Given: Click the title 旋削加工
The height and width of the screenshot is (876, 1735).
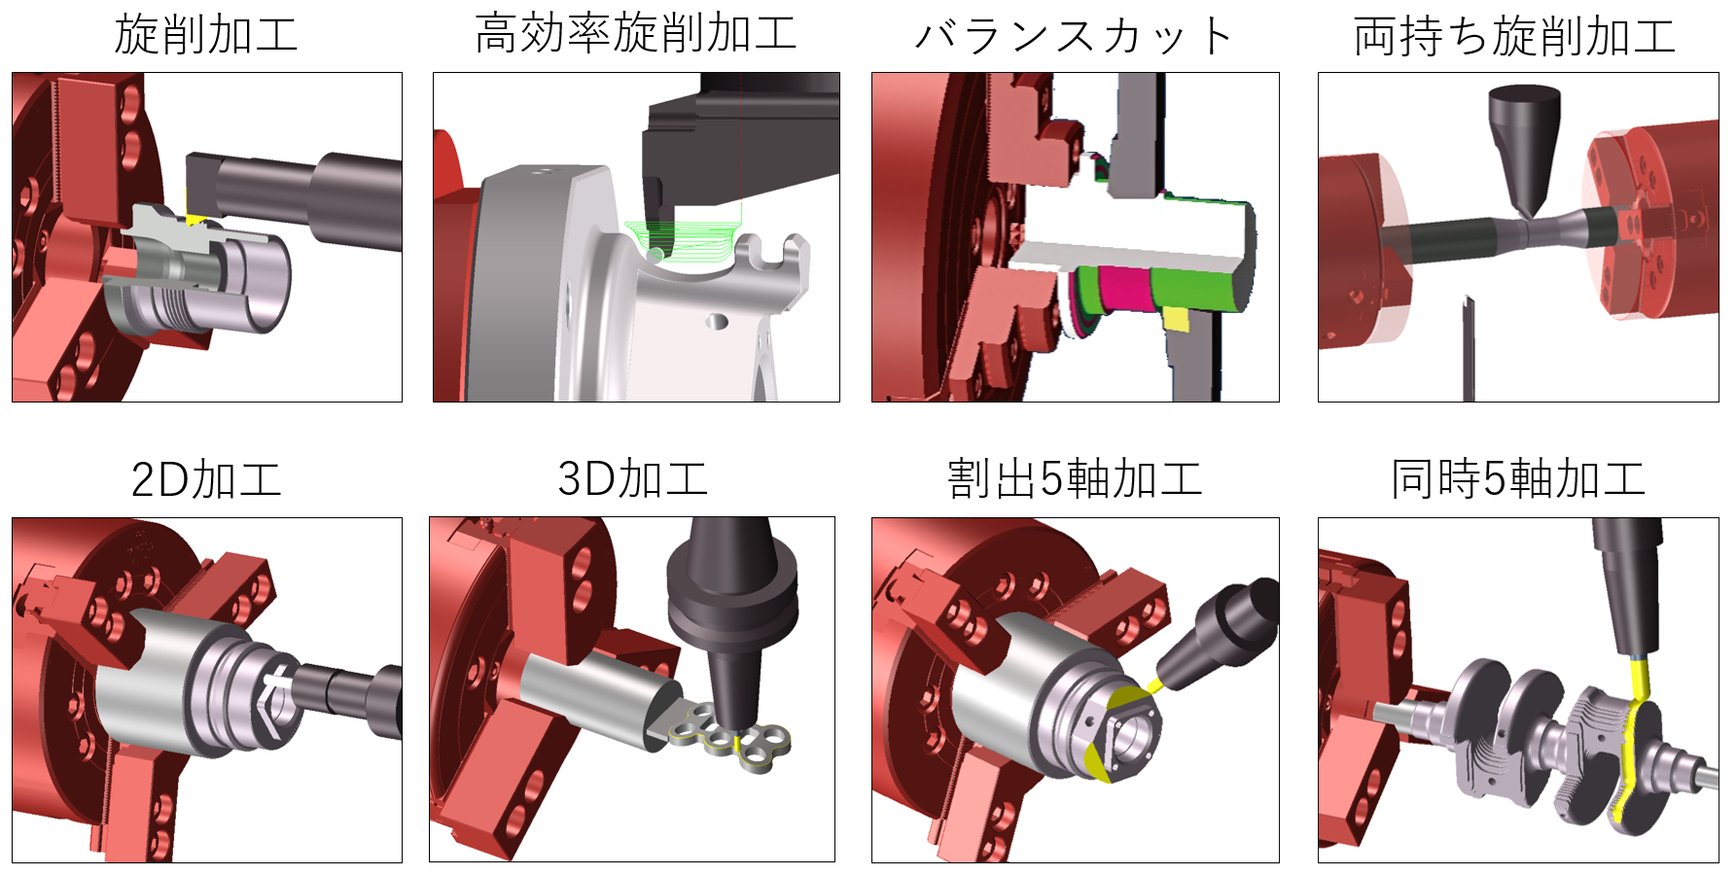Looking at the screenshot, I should (206, 36).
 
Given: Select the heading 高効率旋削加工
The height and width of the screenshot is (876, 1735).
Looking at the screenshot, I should (636, 34).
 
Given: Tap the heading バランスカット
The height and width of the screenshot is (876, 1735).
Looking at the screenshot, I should (1075, 37).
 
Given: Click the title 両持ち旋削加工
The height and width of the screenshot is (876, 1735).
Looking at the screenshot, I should (1515, 37).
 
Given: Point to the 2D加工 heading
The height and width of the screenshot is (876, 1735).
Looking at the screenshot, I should (206, 479).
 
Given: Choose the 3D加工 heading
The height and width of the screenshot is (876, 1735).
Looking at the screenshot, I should (632, 479).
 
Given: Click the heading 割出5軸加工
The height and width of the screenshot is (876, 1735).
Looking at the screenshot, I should (1075, 479).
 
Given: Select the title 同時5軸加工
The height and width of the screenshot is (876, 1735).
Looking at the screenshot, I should (1517, 479).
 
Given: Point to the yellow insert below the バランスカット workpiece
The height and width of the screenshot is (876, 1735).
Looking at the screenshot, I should (1176, 319).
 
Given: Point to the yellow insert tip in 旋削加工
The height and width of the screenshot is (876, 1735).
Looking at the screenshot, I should (195, 220).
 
